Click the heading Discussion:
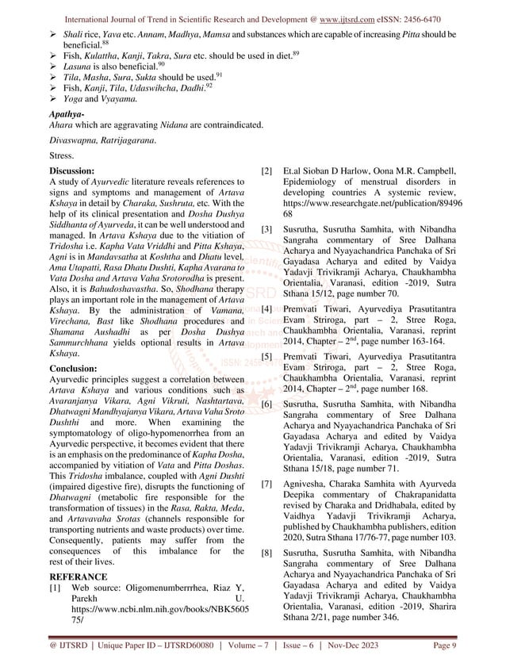pyautogui.click(x=72, y=170)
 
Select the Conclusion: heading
pyautogui.click(x=73, y=368)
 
